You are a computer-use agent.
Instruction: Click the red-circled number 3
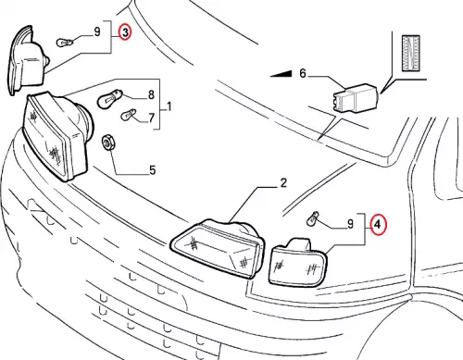(125, 32)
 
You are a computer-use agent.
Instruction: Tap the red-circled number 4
(378, 225)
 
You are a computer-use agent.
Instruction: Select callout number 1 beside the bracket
(169, 107)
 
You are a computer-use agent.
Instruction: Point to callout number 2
(283, 182)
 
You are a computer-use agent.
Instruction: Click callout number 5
(153, 170)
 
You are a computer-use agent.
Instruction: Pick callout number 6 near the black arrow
(303, 73)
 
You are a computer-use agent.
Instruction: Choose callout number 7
(151, 118)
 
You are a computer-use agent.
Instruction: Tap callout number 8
(151, 94)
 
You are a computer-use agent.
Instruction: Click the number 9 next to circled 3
(97, 31)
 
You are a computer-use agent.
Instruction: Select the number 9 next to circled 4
(350, 224)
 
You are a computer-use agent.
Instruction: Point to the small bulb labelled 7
(128, 115)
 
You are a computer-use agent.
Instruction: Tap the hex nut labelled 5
(106, 143)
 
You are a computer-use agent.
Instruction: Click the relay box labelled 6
(356, 98)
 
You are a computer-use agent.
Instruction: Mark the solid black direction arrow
(281, 74)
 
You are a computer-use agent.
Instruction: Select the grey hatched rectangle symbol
(411, 53)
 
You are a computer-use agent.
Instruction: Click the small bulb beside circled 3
(65, 43)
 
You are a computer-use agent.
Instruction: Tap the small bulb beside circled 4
(312, 218)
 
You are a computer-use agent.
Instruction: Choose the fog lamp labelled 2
(218, 248)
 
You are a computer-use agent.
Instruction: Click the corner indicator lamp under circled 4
(298, 262)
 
